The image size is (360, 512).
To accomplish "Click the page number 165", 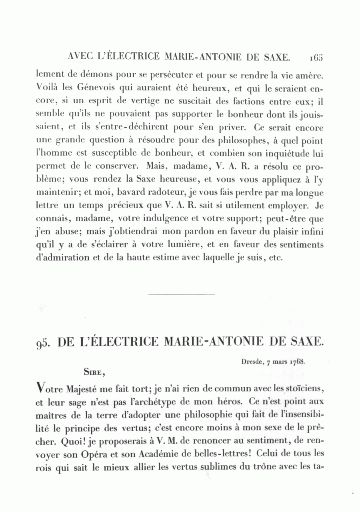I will (315, 57).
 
